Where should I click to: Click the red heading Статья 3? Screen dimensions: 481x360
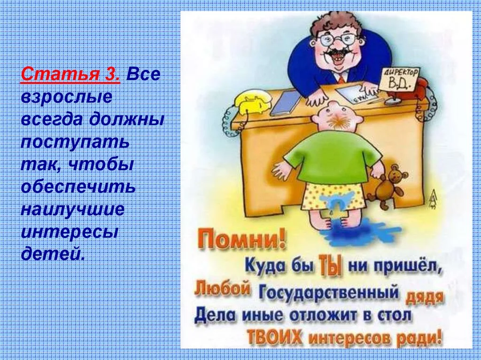point(70,74)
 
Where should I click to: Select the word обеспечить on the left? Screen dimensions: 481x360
point(78,186)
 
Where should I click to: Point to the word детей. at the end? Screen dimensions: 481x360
point(53,253)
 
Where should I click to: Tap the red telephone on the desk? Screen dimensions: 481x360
point(420,87)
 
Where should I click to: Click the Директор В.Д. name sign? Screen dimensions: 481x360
point(398,79)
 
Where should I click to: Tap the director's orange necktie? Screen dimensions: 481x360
point(342,79)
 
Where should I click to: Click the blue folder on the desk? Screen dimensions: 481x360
point(286,103)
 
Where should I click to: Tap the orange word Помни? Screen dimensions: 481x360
point(241,240)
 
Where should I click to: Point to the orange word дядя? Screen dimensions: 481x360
point(425,298)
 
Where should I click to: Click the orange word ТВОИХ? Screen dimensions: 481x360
point(274,337)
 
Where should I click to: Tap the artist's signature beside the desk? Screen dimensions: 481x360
point(433,199)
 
